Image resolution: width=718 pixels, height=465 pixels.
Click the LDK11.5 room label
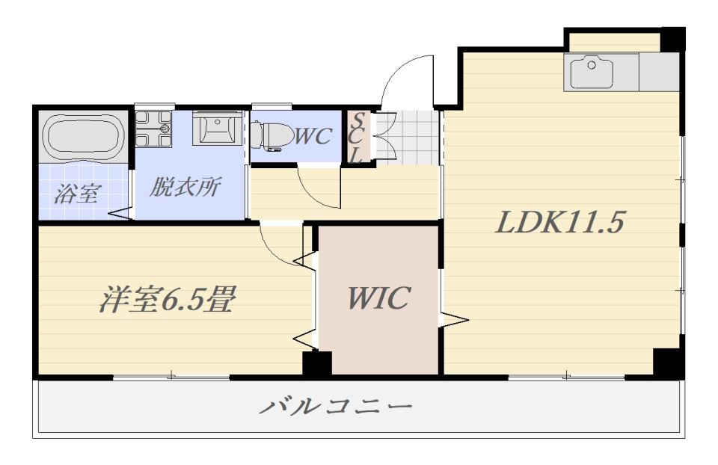click(559, 222)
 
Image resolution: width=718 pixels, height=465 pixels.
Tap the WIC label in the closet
click(378, 298)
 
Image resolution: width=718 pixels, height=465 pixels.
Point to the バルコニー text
click(336, 407)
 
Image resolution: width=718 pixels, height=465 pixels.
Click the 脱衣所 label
click(185, 187)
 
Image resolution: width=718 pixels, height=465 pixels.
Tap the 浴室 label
click(77, 194)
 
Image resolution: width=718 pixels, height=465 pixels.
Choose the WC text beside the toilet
click(312, 136)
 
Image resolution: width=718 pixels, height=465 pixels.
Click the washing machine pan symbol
click(155, 129)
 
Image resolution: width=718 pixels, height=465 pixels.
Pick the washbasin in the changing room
click(217, 129)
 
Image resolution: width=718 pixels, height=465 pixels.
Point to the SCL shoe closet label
click(358, 138)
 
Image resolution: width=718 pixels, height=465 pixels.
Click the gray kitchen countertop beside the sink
click(659, 72)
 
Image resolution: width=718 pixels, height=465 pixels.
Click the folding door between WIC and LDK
click(453, 319)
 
